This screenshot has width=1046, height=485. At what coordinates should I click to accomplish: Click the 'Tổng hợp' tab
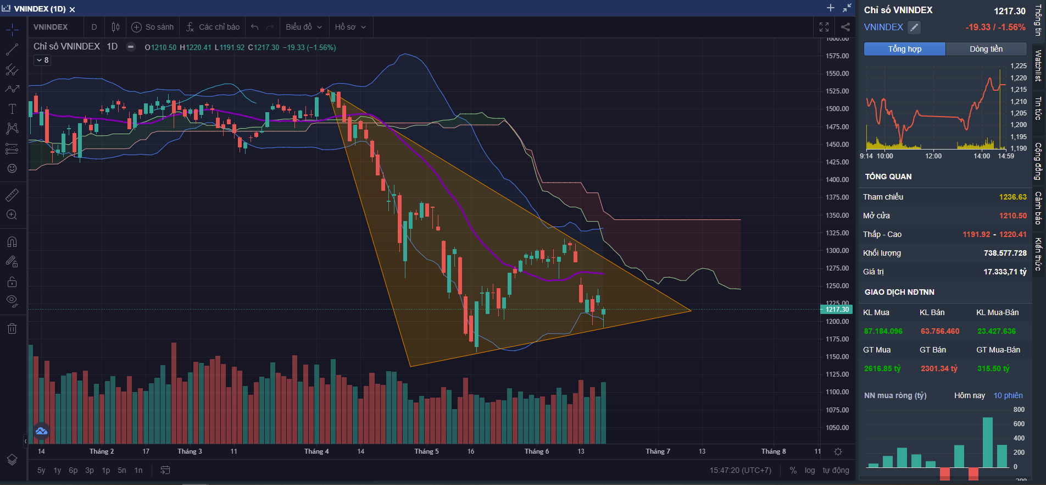click(x=904, y=49)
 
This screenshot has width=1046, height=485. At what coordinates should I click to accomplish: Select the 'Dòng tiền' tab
click(x=986, y=49)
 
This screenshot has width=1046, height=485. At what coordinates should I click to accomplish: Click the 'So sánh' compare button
click(x=153, y=27)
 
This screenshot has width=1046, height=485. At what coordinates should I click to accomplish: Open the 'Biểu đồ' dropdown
click(x=304, y=27)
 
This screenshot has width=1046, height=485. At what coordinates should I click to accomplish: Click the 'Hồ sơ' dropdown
click(x=350, y=27)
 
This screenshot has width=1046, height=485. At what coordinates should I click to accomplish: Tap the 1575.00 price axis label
click(x=837, y=56)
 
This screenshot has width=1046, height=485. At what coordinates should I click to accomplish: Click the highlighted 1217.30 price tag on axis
click(x=837, y=310)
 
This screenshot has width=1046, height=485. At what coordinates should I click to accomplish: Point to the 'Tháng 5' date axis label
click(x=426, y=451)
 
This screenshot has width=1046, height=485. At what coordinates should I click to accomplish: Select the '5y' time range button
click(x=41, y=470)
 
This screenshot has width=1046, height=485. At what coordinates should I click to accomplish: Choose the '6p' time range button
click(x=73, y=470)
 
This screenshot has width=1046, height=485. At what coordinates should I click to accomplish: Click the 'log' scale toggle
click(x=810, y=470)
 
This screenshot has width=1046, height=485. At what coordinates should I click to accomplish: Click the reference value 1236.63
click(x=1012, y=197)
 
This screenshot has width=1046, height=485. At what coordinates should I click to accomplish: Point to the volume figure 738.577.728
click(x=1005, y=253)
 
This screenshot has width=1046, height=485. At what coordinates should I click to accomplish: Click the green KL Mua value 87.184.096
click(x=883, y=331)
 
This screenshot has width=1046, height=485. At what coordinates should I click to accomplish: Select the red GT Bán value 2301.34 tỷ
click(x=939, y=368)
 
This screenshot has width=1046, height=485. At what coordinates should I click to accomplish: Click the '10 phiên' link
click(x=1008, y=395)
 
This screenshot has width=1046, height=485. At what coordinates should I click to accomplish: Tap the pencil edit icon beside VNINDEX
click(x=914, y=27)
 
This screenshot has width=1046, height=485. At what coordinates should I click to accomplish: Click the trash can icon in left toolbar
click(x=12, y=329)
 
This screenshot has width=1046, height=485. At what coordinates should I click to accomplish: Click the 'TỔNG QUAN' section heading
click(x=888, y=177)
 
